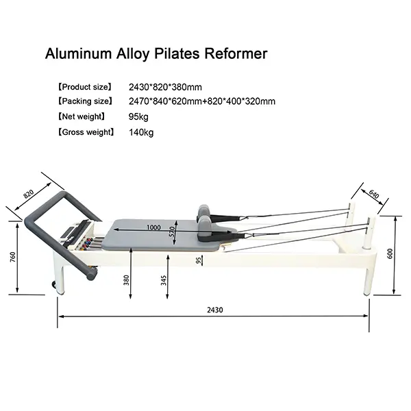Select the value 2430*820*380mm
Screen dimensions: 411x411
pyautogui.click(x=166, y=88)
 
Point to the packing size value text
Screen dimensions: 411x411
pyautogui.click(x=202, y=102)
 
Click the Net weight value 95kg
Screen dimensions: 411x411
pyautogui.click(x=138, y=117)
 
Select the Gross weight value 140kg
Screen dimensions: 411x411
pyautogui.click(x=141, y=132)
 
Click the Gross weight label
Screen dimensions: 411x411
pyautogui.click(x=86, y=132)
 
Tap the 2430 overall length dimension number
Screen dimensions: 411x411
pyautogui.click(x=214, y=310)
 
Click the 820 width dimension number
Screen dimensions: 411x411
pyautogui.click(x=29, y=193)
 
